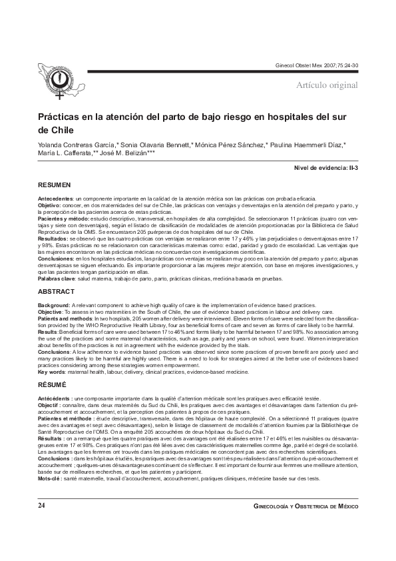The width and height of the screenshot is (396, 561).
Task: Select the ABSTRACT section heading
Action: click(x=55, y=292)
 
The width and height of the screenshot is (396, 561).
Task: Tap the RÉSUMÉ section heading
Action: click(x=52, y=384)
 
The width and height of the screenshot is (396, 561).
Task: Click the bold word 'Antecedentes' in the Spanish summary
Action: click(x=55, y=199)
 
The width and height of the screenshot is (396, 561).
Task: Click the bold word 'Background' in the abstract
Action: click(x=55, y=304)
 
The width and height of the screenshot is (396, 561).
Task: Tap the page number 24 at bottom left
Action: click(x=41, y=507)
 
